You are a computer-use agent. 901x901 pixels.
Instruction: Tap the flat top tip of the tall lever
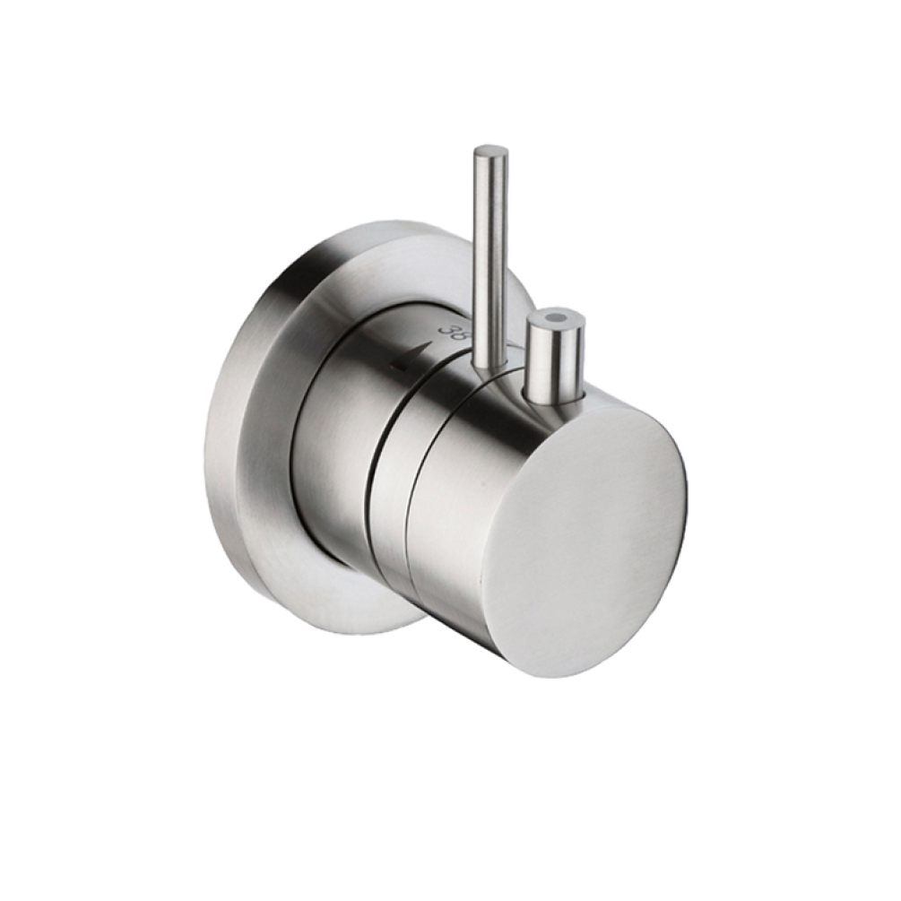tap(491, 152)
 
